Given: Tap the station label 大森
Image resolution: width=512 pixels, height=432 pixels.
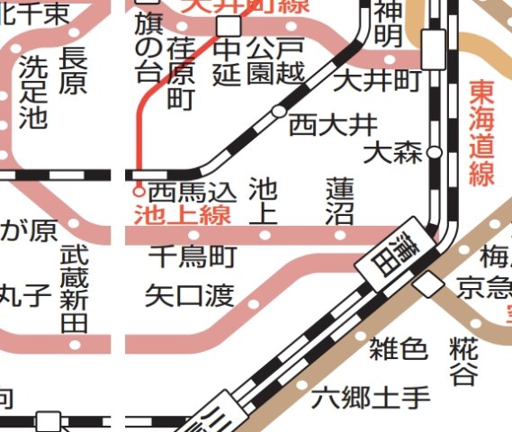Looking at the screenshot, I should point(392,152).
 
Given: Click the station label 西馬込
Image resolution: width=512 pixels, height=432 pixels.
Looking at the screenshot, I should point(192,192).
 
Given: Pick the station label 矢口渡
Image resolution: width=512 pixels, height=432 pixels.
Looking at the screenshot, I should point(189,295).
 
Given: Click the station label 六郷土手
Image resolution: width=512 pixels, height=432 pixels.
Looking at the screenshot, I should point(372,395).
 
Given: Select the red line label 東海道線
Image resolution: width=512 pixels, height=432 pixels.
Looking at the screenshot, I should point(482,133).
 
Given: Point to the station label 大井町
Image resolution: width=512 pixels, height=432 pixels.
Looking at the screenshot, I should point(377,81).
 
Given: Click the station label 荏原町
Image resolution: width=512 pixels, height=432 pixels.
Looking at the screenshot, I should point(182,75).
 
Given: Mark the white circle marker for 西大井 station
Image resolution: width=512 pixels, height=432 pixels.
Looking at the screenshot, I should point(279,112).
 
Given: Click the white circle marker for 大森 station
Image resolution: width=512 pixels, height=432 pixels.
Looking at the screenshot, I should point(435,152).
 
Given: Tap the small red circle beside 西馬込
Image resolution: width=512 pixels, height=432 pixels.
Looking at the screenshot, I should point(139,191).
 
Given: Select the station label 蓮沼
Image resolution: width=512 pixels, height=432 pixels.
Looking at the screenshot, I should point(340,201).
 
